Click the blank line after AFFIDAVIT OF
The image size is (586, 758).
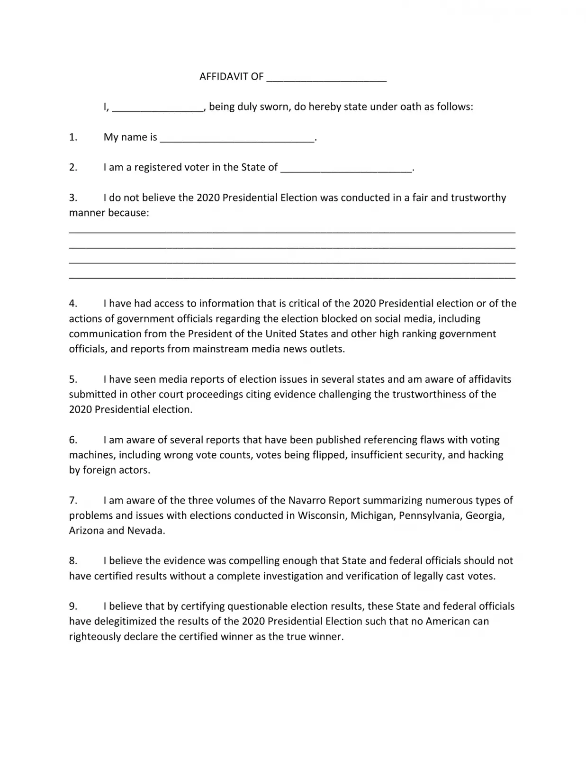tap(326, 79)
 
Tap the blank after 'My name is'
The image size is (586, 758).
tap(237, 139)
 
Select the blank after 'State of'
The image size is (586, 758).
tap(346, 169)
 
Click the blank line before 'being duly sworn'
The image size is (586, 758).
tap(158, 108)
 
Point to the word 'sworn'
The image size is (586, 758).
tap(275, 107)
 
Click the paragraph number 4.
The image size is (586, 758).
tap(73, 303)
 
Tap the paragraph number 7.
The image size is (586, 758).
tap(73, 500)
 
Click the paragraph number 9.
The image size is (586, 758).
tap(73, 606)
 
